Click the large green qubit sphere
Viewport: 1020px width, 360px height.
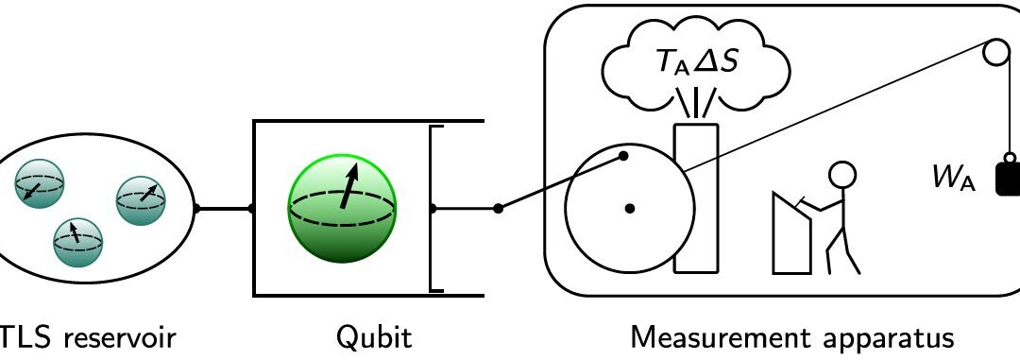(342, 207)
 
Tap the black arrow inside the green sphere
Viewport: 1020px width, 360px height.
(350, 185)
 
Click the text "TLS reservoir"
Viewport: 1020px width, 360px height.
(89, 337)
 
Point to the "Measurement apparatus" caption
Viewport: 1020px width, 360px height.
(792, 337)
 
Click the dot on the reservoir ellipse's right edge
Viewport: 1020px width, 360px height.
(195, 208)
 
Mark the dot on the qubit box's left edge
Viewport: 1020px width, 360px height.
(252, 208)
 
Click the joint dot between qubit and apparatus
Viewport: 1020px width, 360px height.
(499, 208)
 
